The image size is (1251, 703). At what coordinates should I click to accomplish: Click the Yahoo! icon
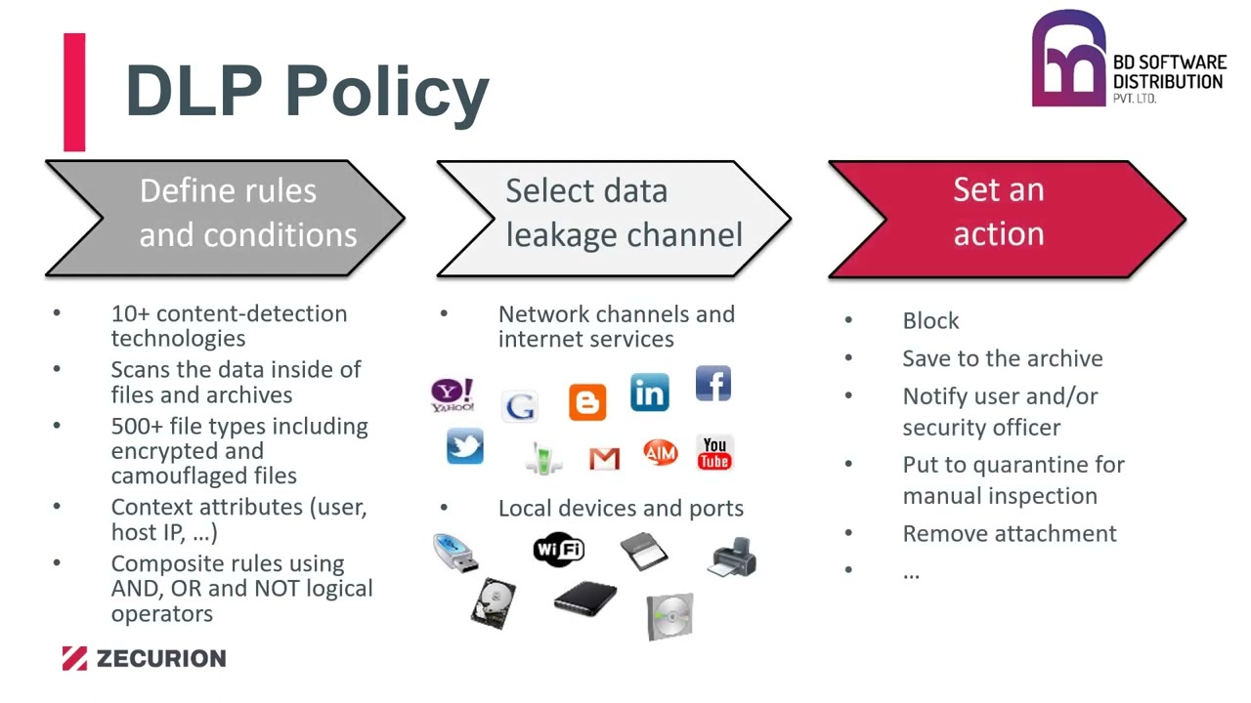(x=453, y=395)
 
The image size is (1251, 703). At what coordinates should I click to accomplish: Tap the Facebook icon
(x=713, y=384)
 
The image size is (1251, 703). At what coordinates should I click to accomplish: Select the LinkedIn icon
(x=650, y=393)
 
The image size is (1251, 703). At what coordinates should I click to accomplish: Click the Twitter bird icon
(x=465, y=446)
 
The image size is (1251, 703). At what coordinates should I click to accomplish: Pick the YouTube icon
(x=714, y=454)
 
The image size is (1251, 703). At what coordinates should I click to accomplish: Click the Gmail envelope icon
(x=604, y=457)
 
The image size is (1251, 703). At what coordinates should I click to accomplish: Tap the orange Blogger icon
(x=587, y=402)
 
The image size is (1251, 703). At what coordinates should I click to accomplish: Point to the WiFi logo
(x=559, y=550)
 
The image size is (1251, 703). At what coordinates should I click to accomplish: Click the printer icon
(x=733, y=557)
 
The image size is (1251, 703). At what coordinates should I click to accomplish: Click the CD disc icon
(x=669, y=616)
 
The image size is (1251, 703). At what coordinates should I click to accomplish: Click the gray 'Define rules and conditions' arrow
(x=225, y=219)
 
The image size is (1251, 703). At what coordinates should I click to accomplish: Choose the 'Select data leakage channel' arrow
(x=614, y=219)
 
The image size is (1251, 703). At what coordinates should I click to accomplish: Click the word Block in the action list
(x=930, y=321)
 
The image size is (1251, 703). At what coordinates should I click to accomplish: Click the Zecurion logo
(x=144, y=658)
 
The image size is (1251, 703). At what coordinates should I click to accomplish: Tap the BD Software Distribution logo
(x=1128, y=61)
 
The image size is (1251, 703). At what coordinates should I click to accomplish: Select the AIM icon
(x=660, y=453)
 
